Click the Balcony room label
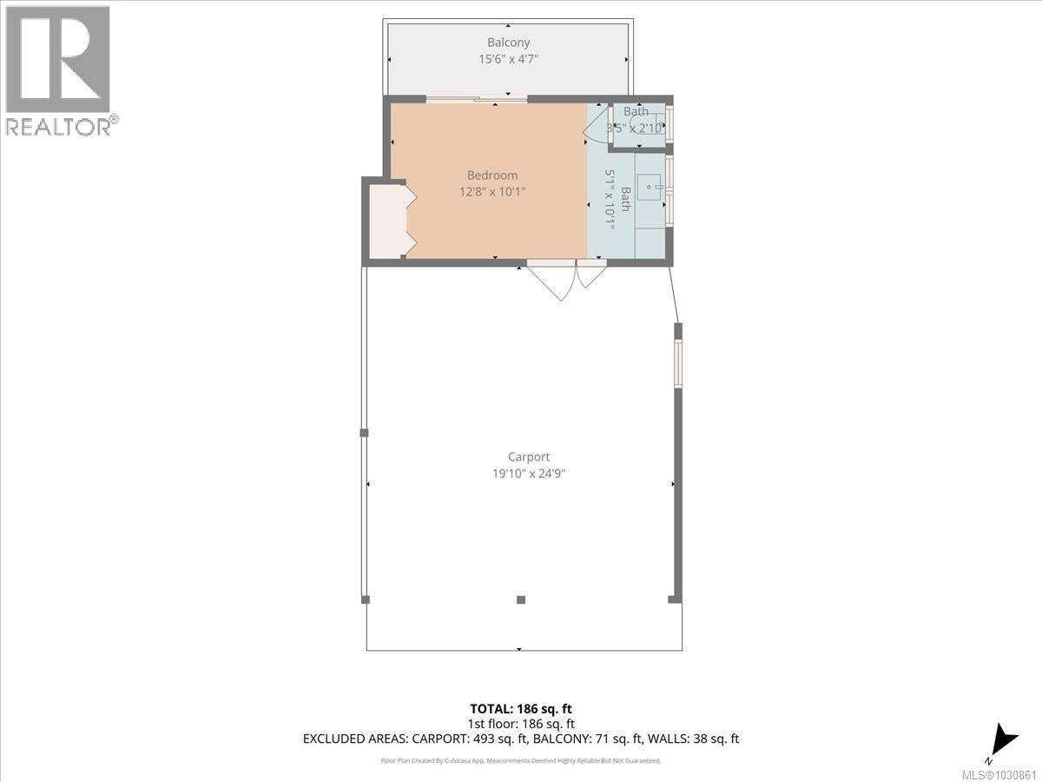coord(508,42)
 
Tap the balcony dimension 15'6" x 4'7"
coord(508,59)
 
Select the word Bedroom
coord(493,175)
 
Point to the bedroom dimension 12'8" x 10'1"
coord(493,191)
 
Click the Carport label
coord(529,457)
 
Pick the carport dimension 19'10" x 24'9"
coord(529,474)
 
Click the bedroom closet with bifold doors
coord(386,220)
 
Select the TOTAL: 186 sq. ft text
coord(520,709)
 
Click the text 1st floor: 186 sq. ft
coord(520,724)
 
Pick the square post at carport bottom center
coord(521,600)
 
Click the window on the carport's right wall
coord(678,361)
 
